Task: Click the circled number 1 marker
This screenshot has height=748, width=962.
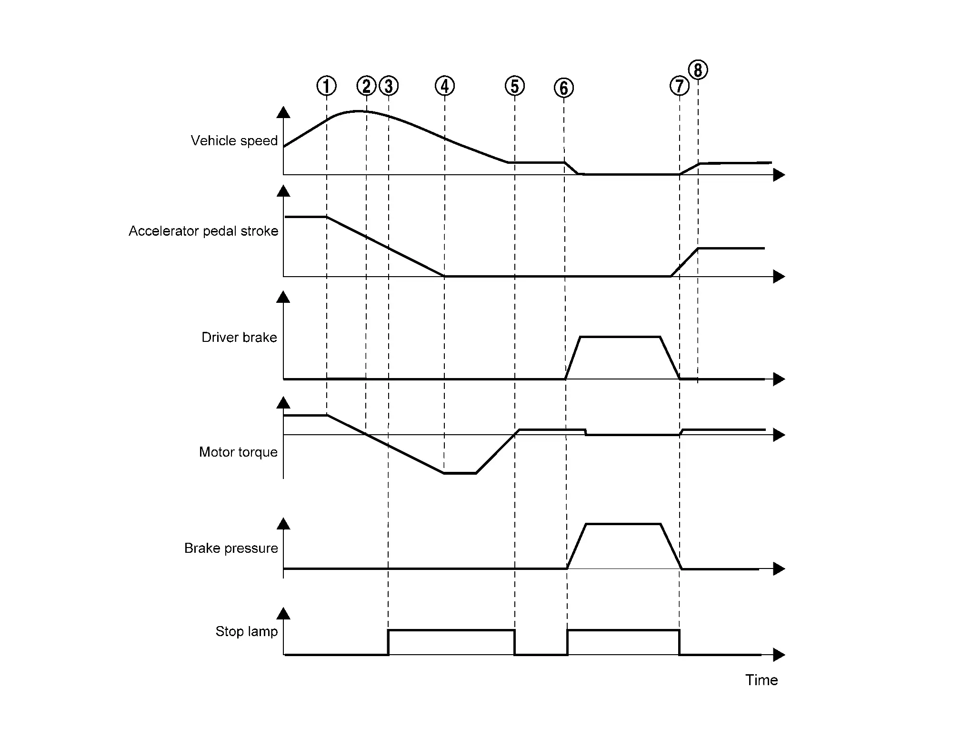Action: pos(327,86)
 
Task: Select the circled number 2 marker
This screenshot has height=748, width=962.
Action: pos(366,86)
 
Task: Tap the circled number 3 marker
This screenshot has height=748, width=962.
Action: pos(389,86)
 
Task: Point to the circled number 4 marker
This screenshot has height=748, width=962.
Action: pos(445,86)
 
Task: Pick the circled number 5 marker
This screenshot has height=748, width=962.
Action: pos(515,86)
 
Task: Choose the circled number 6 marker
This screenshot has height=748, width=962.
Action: pos(564,88)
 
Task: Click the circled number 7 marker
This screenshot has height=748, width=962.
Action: pos(680,86)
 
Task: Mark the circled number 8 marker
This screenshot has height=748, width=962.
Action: pos(698,70)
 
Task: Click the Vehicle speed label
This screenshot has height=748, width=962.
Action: pos(234,141)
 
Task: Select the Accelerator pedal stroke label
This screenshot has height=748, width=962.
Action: pos(203,231)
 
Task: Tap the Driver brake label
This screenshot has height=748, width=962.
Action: pos(239,338)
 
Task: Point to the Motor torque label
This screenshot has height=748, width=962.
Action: pos(238,452)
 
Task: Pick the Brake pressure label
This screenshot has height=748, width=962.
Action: pos(231,549)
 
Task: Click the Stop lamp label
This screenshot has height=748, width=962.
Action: pos(247,632)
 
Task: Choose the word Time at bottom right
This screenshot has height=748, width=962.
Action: pos(762,680)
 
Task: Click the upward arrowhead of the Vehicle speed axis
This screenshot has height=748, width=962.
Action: pos(283,112)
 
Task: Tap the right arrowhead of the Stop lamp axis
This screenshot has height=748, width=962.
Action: pos(779,655)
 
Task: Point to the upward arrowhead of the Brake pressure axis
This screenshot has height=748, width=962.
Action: pos(283,524)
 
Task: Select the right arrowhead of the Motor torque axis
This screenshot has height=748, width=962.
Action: pos(779,435)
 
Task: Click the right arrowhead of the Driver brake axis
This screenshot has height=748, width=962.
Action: pos(779,379)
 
